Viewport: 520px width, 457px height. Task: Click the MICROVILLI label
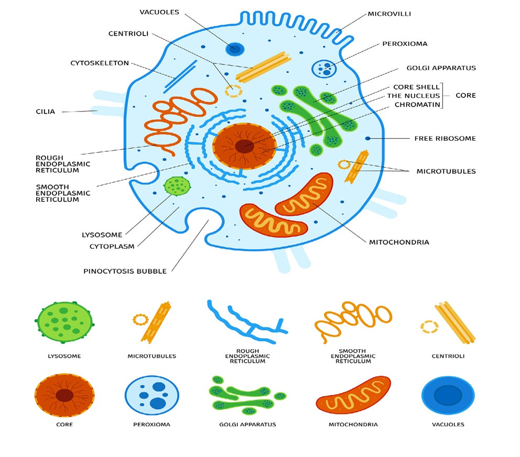389,14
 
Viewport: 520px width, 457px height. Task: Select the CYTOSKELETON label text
100,63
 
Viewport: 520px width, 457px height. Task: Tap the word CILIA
45,112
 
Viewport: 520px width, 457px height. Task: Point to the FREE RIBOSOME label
445,139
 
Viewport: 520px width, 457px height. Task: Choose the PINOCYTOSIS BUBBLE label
125,271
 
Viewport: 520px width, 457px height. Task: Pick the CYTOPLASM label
112,246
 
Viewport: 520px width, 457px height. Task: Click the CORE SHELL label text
416,87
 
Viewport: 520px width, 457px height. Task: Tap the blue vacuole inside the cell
235,49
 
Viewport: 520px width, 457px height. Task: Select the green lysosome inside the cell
177,185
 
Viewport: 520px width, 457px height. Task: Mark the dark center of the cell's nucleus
244,146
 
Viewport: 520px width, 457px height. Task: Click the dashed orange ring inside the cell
234,91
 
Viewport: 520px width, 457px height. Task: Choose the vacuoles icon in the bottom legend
448,396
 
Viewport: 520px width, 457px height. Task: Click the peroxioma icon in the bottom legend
151,396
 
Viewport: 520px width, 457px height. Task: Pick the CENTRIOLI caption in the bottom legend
448,356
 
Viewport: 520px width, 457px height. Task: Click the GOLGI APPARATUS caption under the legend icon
247,425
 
